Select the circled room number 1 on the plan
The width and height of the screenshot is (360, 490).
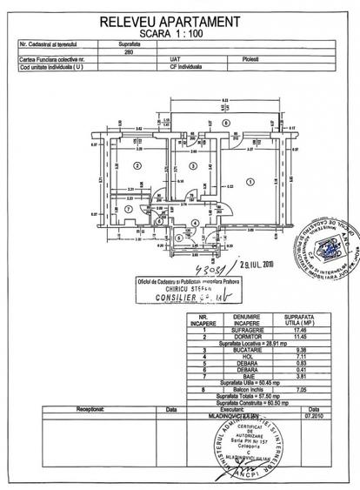click(250, 182)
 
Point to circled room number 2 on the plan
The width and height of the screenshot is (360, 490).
click(136, 164)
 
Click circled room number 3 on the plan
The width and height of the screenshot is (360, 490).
click(189, 165)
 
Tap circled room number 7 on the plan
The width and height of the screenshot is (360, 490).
click(129, 210)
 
